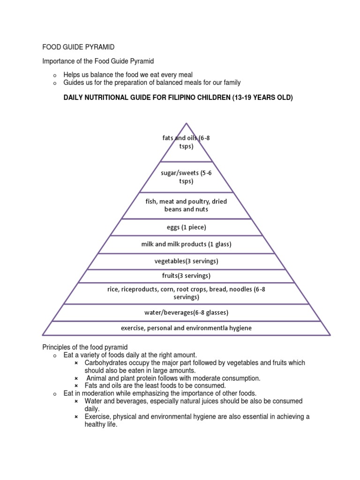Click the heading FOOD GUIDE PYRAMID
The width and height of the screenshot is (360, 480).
pyautogui.click(x=78, y=47)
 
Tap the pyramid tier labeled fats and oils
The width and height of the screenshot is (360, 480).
pyautogui.click(x=186, y=142)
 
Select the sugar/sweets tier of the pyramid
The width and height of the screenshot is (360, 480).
pyautogui.click(x=186, y=177)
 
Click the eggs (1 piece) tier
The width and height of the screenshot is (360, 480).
pyautogui.click(x=186, y=227)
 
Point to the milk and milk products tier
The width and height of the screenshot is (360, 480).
pyautogui.click(x=186, y=244)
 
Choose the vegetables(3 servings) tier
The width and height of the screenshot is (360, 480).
pyautogui.click(x=186, y=261)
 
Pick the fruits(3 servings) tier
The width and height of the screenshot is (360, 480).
pyautogui.click(x=186, y=276)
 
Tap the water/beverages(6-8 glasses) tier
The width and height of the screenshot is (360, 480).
pyautogui.click(x=186, y=312)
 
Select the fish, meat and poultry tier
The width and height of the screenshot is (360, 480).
pyautogui.click(x=186, y=205)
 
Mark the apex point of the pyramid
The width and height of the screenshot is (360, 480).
pyautogui.click(x=187, y=124)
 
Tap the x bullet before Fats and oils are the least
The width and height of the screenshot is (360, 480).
pyautogui.click(x=76, y=386)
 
